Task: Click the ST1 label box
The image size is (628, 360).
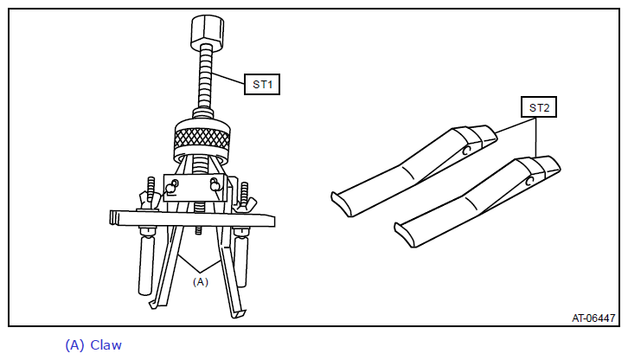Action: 262,84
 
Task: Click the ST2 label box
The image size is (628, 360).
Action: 539,107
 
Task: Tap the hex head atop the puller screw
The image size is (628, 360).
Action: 207,31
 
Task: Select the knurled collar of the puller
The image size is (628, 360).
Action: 202,141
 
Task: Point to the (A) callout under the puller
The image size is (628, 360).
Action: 201,282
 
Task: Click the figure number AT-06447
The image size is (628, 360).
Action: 593,318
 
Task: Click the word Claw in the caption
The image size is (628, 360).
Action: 106,344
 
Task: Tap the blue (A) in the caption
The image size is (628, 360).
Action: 74,344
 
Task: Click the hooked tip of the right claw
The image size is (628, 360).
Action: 240,314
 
